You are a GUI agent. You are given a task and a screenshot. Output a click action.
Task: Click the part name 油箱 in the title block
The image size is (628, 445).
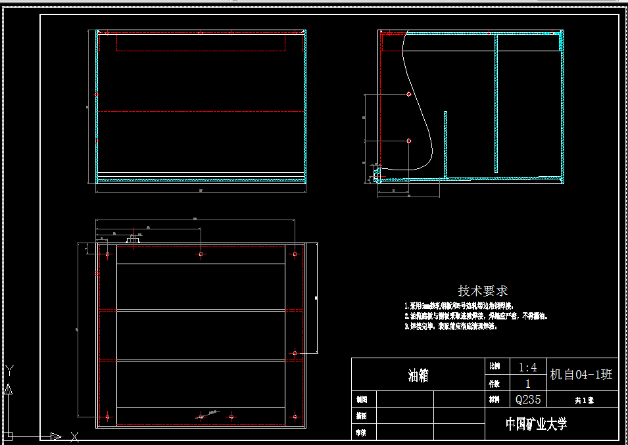click(418, 375)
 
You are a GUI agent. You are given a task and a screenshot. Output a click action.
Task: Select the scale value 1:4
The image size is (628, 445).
click(527, 367)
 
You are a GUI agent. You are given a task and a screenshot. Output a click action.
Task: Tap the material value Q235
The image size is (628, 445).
click(527, 399)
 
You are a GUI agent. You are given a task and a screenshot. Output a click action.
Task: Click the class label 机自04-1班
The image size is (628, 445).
click(581, 374)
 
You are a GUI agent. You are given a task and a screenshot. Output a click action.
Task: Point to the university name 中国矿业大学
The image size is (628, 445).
click(536, 424)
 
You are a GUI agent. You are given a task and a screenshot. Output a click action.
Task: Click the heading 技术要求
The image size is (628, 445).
click(483, 291)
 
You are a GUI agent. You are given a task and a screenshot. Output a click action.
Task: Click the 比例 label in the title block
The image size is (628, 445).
click(494, 366)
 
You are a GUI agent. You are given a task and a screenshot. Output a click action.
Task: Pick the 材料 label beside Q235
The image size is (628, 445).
click(494, 399)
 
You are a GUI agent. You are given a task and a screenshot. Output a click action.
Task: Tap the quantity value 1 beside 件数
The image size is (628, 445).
click(527, 384)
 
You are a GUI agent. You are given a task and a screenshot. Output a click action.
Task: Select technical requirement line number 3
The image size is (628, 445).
click(450, 326)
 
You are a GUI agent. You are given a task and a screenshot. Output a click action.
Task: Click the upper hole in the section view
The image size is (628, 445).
click(409, 95)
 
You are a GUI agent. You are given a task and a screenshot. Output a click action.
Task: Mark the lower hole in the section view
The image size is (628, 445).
click(409, 141)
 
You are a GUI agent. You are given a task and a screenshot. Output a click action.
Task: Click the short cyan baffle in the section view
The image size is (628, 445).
click(445, 144)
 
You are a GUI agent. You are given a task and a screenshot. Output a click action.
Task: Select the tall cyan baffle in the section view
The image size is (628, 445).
click(496, 103)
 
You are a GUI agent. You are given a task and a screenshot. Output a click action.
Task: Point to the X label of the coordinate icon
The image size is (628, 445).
click(74, 436)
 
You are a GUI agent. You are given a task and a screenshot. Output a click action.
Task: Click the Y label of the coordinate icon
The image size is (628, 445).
click(9, 370)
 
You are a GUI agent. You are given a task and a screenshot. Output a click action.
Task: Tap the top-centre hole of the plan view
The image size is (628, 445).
click(201, 254)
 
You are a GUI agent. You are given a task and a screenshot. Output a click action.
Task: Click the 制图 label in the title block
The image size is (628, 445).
click(361, 399)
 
